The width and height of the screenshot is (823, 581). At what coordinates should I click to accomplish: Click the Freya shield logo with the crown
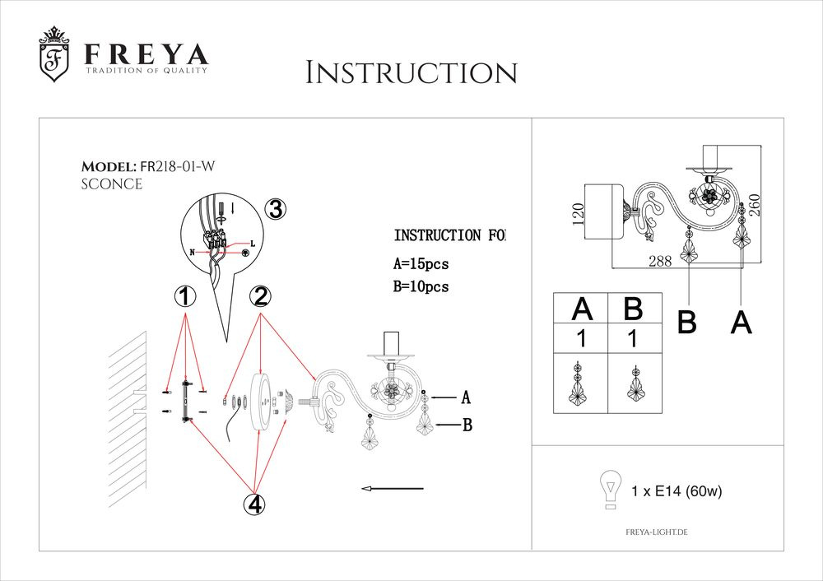54,55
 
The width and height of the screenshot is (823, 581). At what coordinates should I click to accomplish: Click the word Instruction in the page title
411,72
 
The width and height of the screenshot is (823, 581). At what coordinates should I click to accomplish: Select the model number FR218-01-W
178,167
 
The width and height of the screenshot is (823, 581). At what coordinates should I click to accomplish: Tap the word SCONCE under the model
111,184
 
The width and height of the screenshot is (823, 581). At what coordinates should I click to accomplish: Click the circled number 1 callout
186,297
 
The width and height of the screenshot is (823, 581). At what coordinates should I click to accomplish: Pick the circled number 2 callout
261,297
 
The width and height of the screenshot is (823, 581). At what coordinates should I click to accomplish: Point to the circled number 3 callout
276,210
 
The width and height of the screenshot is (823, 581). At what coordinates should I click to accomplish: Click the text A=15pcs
421,264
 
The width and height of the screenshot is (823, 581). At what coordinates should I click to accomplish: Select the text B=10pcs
421,286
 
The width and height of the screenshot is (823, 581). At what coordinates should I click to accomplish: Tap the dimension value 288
660,261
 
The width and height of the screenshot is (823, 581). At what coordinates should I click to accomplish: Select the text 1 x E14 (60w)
677,492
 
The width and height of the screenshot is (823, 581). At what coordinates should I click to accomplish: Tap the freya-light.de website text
651,533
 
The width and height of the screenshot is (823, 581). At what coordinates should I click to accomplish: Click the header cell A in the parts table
582,309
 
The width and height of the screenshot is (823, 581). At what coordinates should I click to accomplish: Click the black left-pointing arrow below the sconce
392,489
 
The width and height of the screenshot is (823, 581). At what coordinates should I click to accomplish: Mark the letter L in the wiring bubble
252,244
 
